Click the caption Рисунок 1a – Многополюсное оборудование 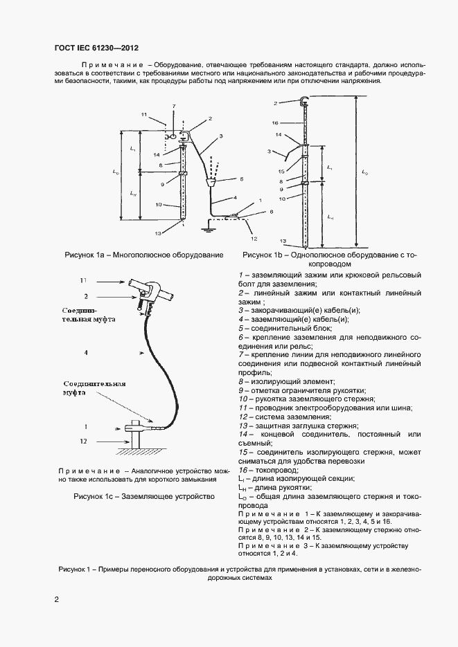(144, 255)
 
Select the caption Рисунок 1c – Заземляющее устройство (144, 496)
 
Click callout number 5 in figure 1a (241, 179)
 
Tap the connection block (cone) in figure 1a (213, 182)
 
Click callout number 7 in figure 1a (174, 106)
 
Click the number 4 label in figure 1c (85, 352)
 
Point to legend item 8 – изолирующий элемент (286, 381)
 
